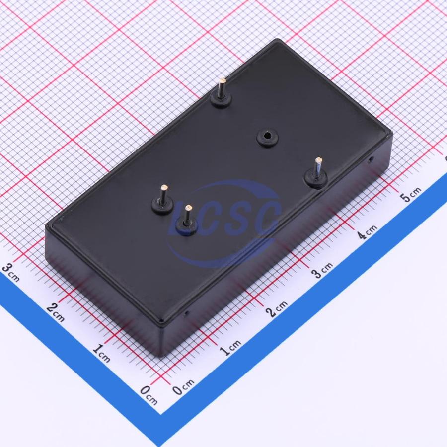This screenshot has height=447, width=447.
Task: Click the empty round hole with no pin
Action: coord(267,138)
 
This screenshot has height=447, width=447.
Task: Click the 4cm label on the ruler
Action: coord(368,231)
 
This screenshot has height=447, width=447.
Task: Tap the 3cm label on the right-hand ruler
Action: coord(322,269)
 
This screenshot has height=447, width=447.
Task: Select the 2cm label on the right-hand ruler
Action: coord(277,308)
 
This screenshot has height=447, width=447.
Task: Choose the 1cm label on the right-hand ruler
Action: coord(231,347)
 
